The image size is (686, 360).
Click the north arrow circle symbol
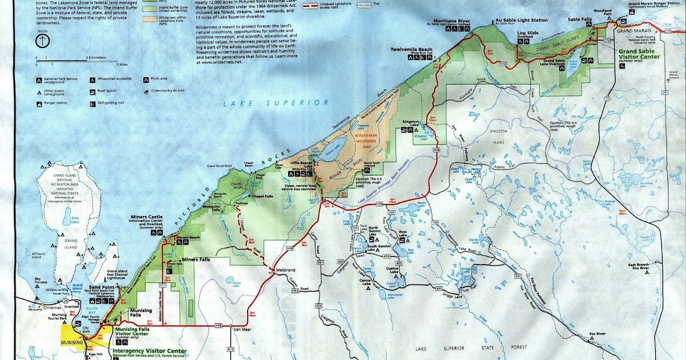tap(42, 41)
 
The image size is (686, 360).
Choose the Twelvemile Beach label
tap(412, 50)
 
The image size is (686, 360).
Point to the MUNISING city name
tap(72, 342)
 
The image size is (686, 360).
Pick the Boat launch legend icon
tap(93, 91)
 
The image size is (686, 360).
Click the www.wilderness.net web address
tap(222, 62)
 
